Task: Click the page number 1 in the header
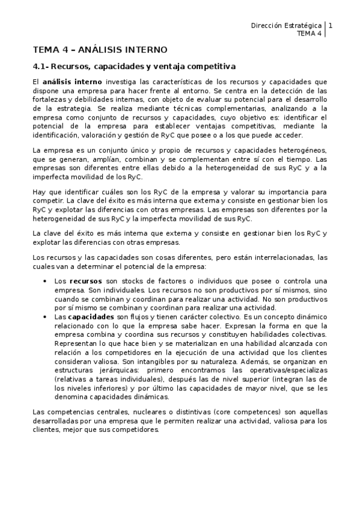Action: (331, 25)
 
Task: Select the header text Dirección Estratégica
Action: (285, 26)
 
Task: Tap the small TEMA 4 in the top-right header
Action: (310, 34)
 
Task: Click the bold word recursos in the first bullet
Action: (86, 281)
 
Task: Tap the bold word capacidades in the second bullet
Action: (91, 316)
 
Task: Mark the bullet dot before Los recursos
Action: (44, 281)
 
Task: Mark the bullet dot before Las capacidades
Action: (44, 317)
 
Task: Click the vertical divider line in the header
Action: (325, 29)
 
